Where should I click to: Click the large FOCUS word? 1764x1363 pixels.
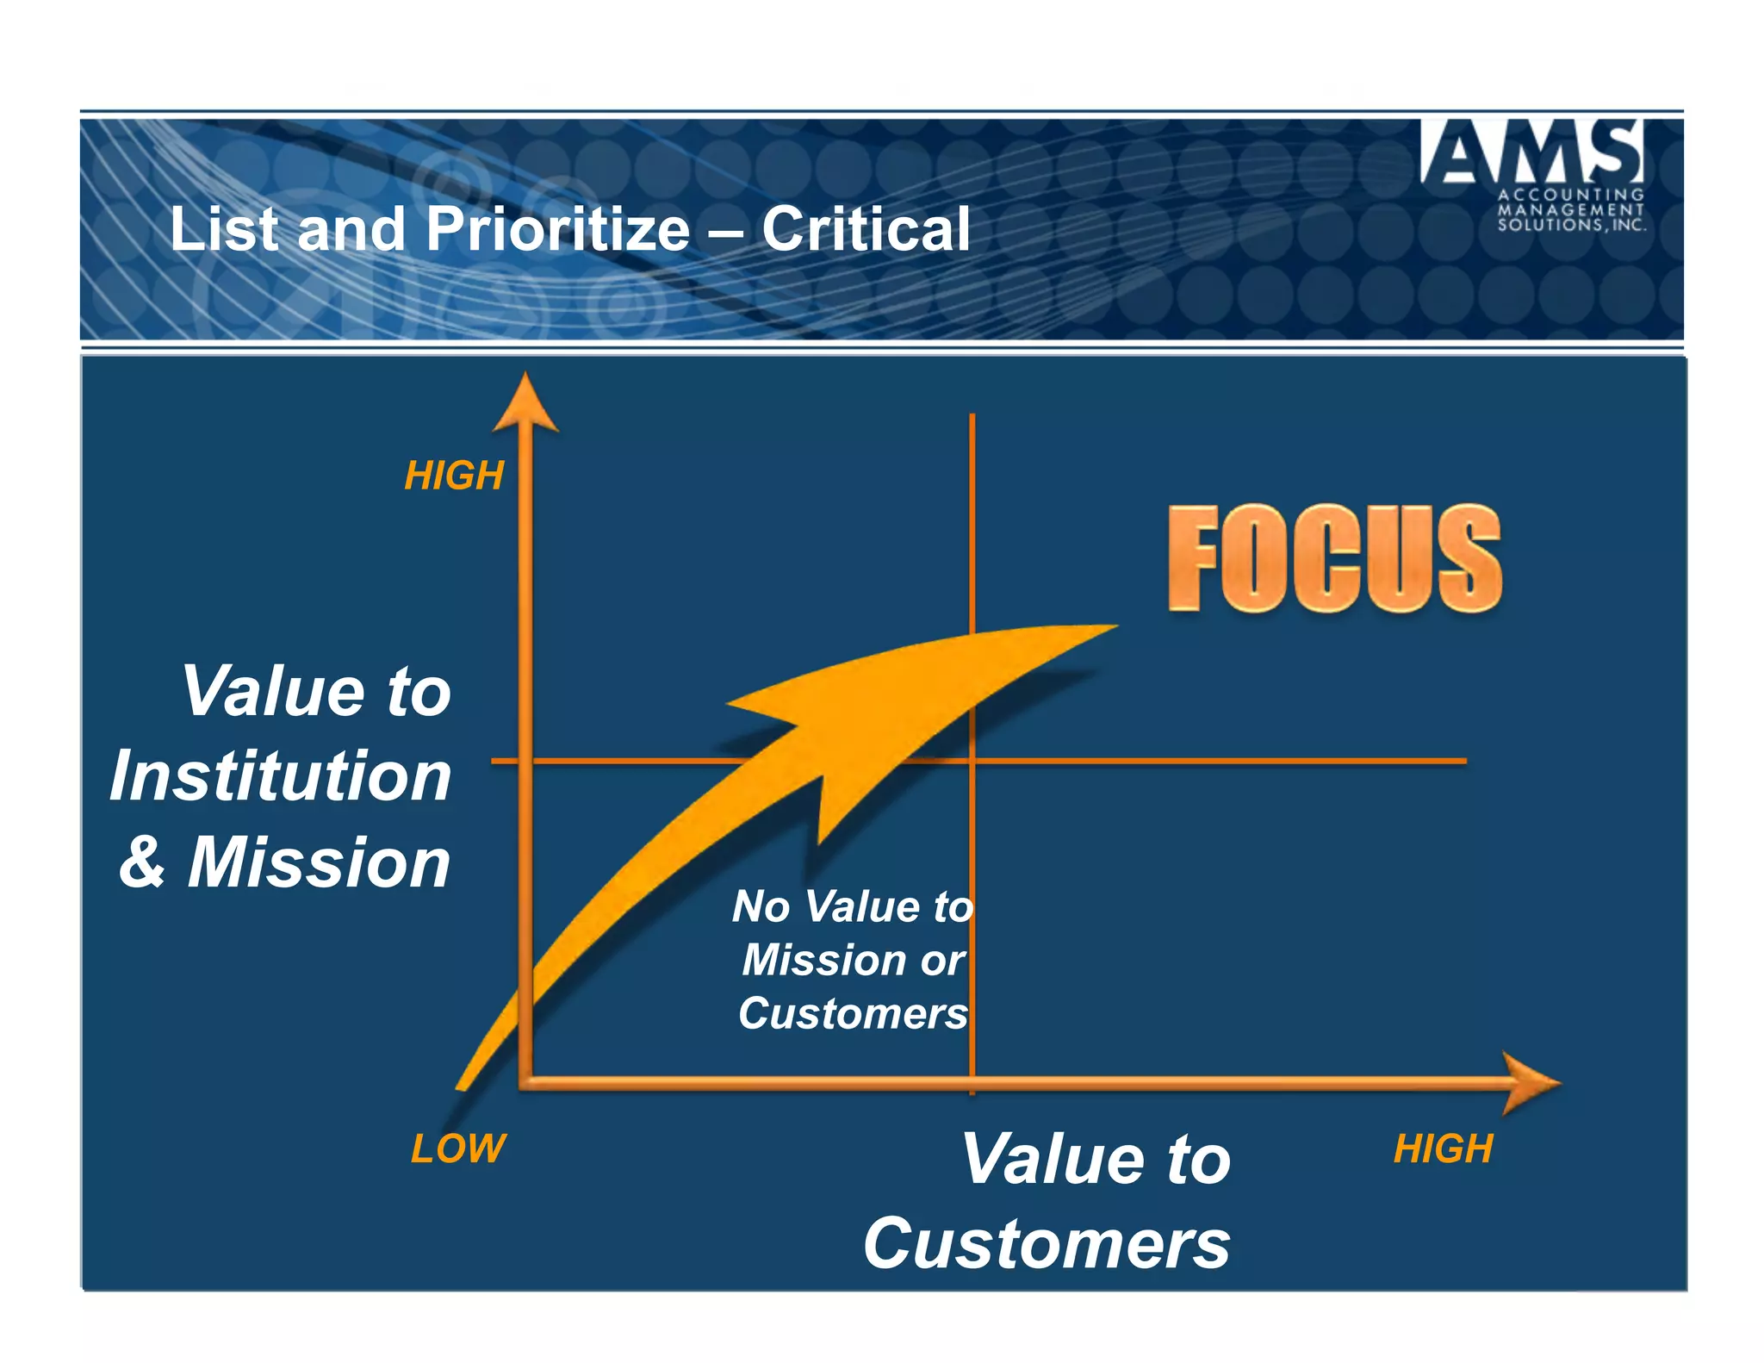coord(1334,558)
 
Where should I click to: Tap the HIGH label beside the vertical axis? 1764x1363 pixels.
coord(454,476)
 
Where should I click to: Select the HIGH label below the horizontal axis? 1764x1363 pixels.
coord(1443,1148)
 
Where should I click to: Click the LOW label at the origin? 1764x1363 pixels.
coord(458,1148)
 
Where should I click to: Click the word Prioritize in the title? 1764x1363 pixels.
coord(557,229)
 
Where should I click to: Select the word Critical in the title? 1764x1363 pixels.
coord(866,229)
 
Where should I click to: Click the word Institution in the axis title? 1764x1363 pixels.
coord(281,775)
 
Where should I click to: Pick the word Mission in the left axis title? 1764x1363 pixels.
coord(319,862)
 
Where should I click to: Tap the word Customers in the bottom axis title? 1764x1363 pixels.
coord(1047,1243)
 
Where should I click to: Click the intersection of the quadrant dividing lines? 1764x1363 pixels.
coord(972,761)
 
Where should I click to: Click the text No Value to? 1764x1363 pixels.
coord(853,906)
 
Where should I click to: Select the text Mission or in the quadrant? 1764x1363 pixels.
coord(853,960)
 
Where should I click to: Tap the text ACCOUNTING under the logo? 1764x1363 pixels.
coord(1570,195)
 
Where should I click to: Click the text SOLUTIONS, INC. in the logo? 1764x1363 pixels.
coord(1570,226)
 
